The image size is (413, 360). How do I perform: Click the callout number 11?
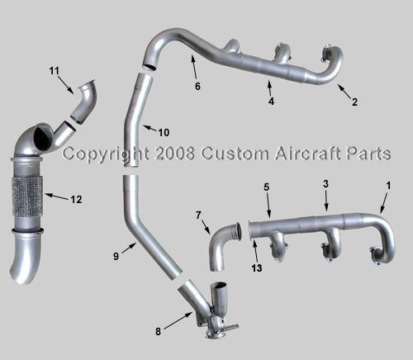tap(55, 71)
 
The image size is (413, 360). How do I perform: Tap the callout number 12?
tap(76, 200)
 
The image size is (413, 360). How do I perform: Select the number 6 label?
tap(197, 87)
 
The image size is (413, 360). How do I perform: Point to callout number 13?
tap(257, 268)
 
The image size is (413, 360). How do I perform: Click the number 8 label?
tap(158, 332)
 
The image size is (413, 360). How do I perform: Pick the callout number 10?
tap(164, 133)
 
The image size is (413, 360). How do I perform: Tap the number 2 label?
tap(354, 102)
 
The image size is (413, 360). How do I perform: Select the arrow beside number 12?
tap(56, 197)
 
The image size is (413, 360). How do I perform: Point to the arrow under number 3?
tap(326, 200)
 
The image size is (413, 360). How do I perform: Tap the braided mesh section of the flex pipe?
tap(27, 195)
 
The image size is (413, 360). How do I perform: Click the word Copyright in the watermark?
tap(106, 154)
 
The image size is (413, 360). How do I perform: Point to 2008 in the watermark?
tap(174, 154)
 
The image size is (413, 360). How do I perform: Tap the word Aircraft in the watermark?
tap(308, 153)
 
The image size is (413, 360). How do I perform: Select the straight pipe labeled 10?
tap(135, 120)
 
